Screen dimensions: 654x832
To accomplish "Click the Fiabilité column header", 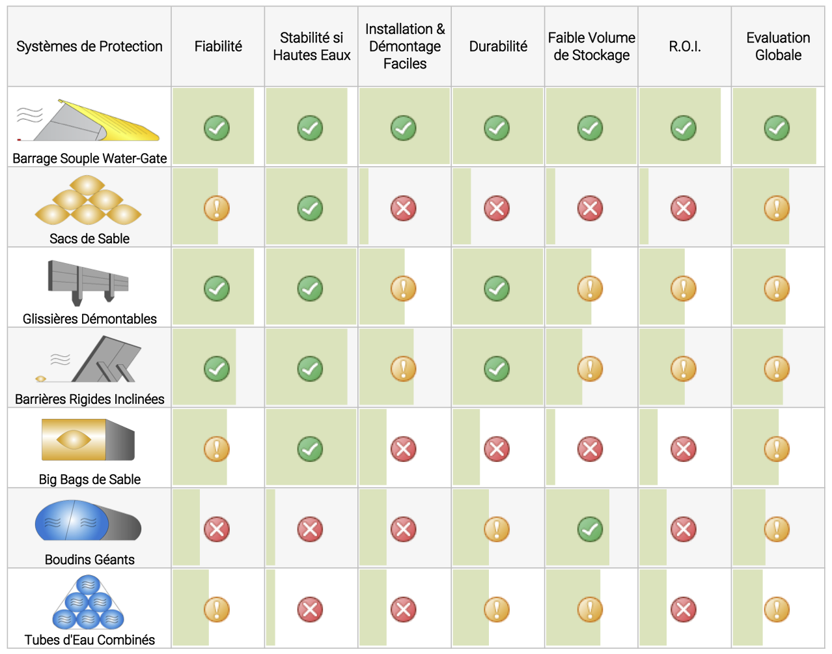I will coord(218,46).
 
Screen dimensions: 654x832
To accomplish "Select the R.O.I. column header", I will coord(685,46).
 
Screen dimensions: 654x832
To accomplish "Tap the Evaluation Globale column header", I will coord(778,46).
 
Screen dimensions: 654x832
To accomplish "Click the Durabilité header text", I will coord(498,46).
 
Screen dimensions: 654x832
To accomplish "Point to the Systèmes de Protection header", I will coord(89,46).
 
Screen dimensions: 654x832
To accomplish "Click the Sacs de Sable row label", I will coord(89,238).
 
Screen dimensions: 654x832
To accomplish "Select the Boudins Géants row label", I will coord(89,560).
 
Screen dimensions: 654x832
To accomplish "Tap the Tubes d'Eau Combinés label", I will coord(89,640).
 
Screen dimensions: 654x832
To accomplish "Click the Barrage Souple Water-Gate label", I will coord(89,158).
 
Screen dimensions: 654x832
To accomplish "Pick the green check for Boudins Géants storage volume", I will coord(590,529).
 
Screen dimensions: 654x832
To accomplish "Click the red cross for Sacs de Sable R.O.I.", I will coord(684,208).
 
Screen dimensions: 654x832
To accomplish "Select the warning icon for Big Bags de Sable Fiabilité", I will coord(217,449).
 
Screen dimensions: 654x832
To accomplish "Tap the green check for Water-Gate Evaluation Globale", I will coord(777,128).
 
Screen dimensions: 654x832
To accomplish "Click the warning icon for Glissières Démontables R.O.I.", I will coord(684,289).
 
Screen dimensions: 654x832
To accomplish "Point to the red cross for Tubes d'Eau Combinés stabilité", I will coord(310,610).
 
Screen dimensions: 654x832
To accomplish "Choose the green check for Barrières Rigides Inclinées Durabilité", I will coord(497,369).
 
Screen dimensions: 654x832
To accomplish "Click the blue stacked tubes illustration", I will coord(89,602).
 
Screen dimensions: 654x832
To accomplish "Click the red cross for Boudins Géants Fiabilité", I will coord(217,529).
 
